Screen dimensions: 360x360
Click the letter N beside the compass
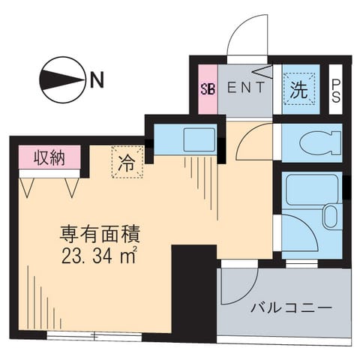point(95,78)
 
